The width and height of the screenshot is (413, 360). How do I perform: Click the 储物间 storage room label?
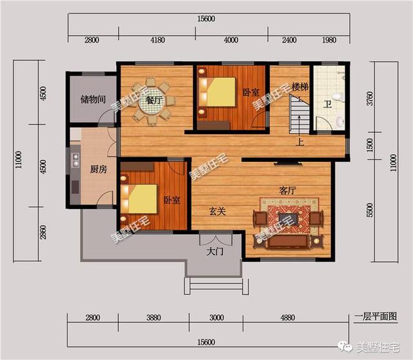coord(93,99)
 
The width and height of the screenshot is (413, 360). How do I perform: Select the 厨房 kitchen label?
coord(99,169)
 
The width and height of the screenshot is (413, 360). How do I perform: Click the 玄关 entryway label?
coord(217,211)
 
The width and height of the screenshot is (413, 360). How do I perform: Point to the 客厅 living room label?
coord(287,190)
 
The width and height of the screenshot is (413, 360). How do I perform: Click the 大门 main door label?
coord(215,252)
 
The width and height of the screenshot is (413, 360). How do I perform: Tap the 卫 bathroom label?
coord(327,105)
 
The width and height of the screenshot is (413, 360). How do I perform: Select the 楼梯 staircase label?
coord(300,87)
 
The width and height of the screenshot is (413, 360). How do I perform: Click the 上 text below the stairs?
coord(300,142)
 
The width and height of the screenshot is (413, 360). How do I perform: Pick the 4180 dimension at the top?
coord(157,40)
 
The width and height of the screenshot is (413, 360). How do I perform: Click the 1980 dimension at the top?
coord(329,40)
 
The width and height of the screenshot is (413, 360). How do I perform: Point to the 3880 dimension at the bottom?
coord(154,317)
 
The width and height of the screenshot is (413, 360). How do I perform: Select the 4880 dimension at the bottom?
coord(287,317)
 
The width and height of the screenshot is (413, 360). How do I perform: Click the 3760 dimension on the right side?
coord(370,99)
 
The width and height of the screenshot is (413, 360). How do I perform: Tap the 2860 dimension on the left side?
coord(43,232)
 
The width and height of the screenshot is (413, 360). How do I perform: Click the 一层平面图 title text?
coord(376,316)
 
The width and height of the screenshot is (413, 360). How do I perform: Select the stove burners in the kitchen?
coord(76,160)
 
